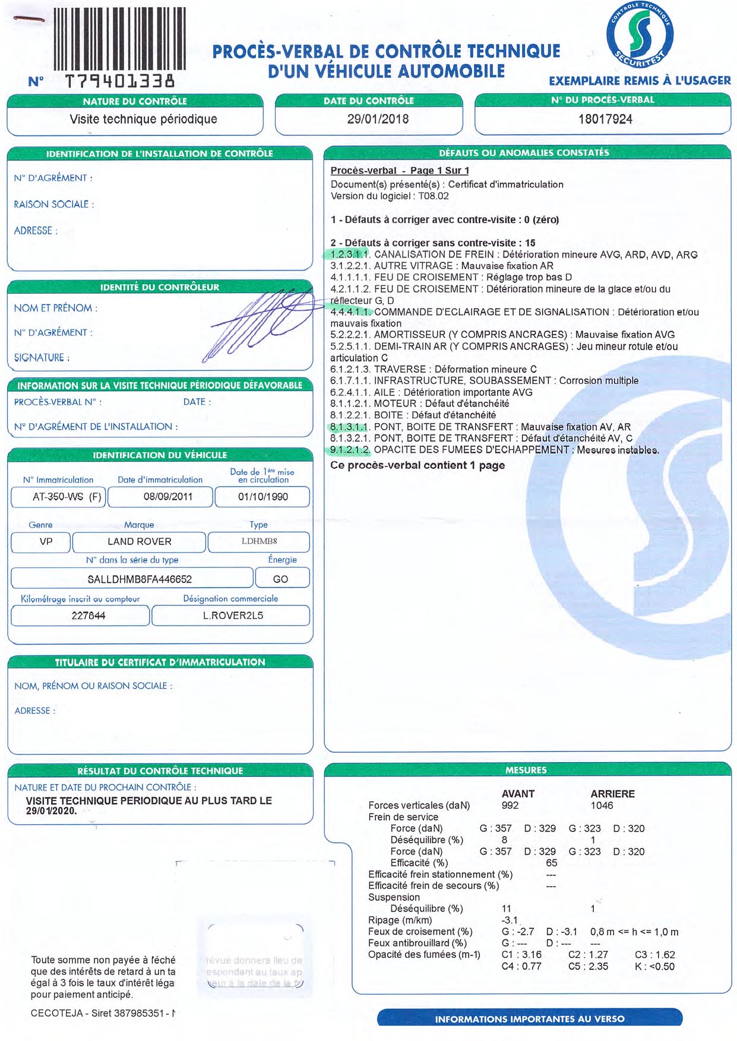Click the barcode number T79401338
pyautogui.click(x=119, y=81)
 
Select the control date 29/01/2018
pyautogui.click(x=378, y=119)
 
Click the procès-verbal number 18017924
pyautogui.click(x=605, y=119)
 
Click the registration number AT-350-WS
pyautogui.click(x=59, y=497)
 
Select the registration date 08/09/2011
pyautogui.click(x=168, y=497)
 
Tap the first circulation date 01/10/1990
pyautogui.click(x=262, y=497)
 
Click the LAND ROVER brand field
pyautogui.click(x=139, y=541)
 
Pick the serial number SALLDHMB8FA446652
pyautogui.click(x=140, y=579)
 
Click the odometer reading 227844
pyautogui.click(x=88, y=615)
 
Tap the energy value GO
pyautogui.click(x=280, y=579)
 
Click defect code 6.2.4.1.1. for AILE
pyautogui.click(x=350, y=392)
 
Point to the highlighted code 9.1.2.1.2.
pyautogui.click(x=350, y=450)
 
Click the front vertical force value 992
pyautogui.click(x=510, y=805)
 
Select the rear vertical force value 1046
pyautogui.click(x=602, y=805)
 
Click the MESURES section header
pyautogui.click(x=526, y=770)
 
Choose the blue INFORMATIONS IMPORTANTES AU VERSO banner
pyautogui.click(x=530, y=1018)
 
